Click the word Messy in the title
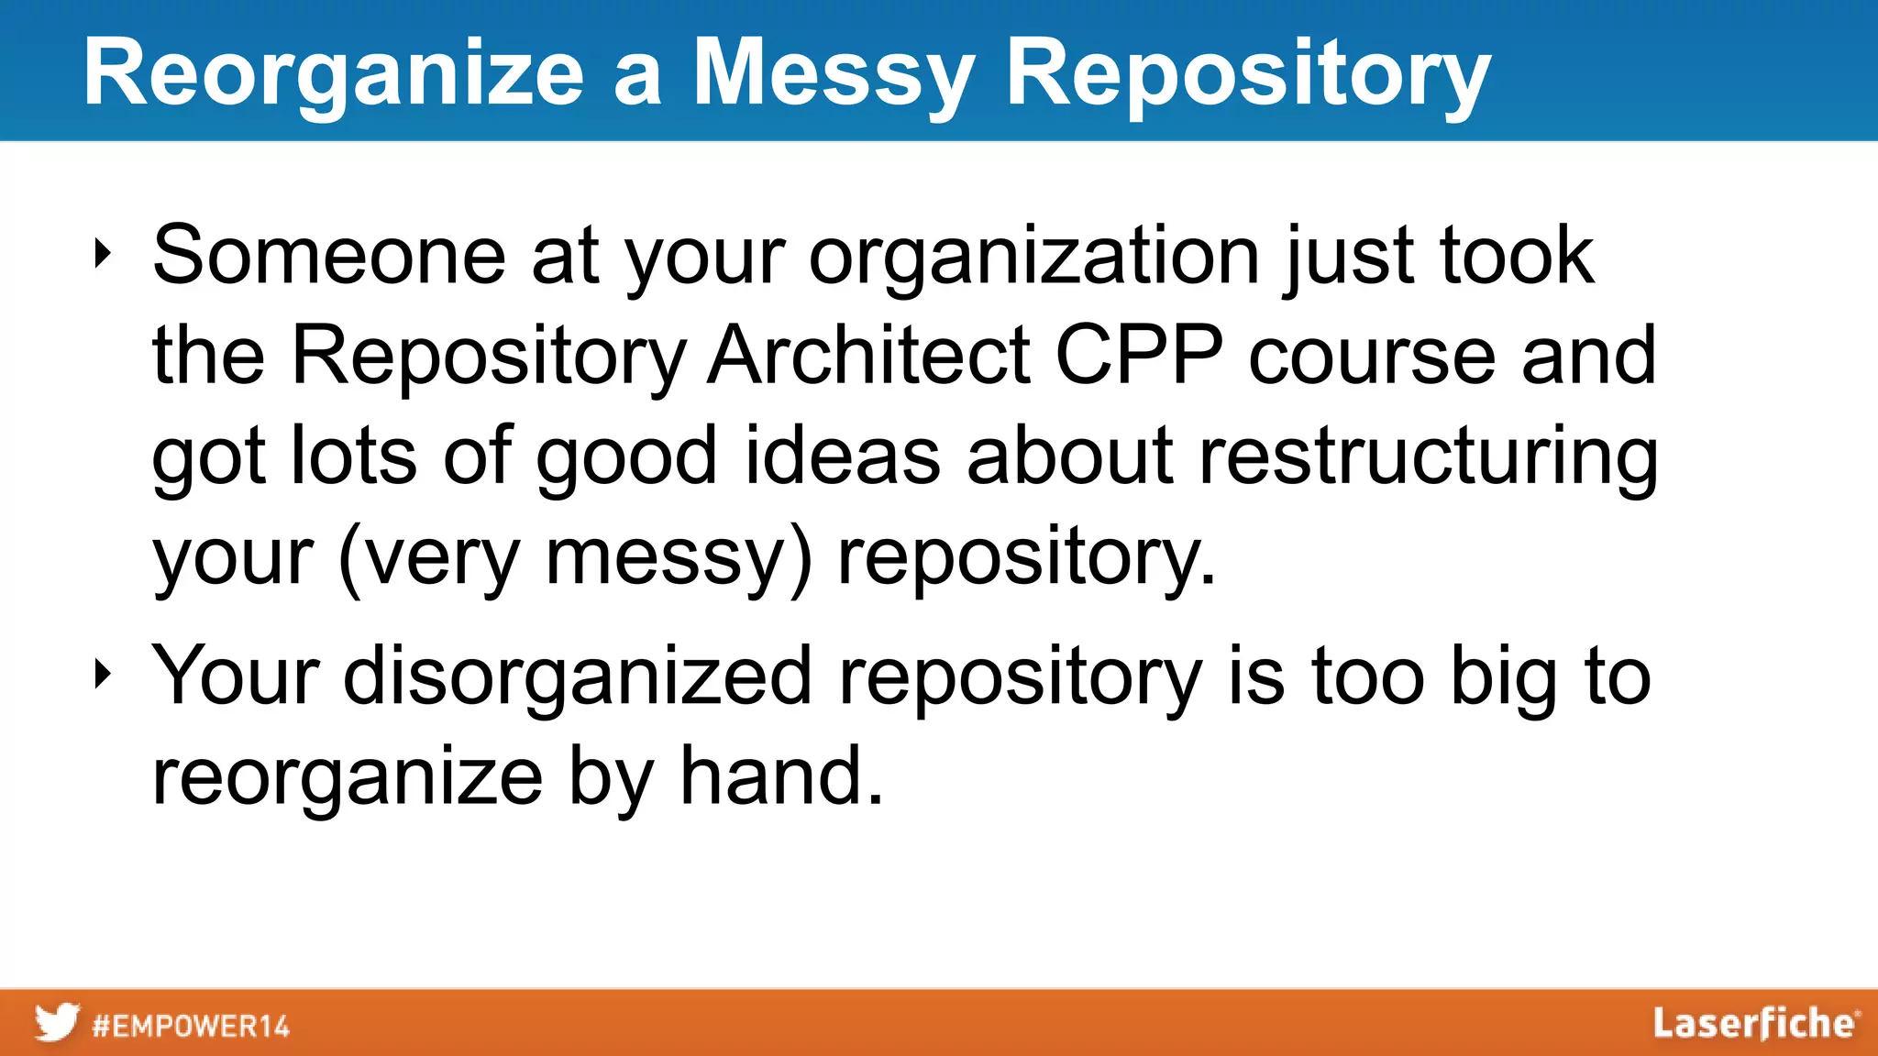(833, 75)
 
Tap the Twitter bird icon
(57, 1023)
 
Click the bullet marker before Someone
(102, 255)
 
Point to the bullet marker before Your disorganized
(102, 676)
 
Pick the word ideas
(842, 456)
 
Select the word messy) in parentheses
(679, 556)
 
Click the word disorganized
(578, 676)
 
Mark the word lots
(353, 456)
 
